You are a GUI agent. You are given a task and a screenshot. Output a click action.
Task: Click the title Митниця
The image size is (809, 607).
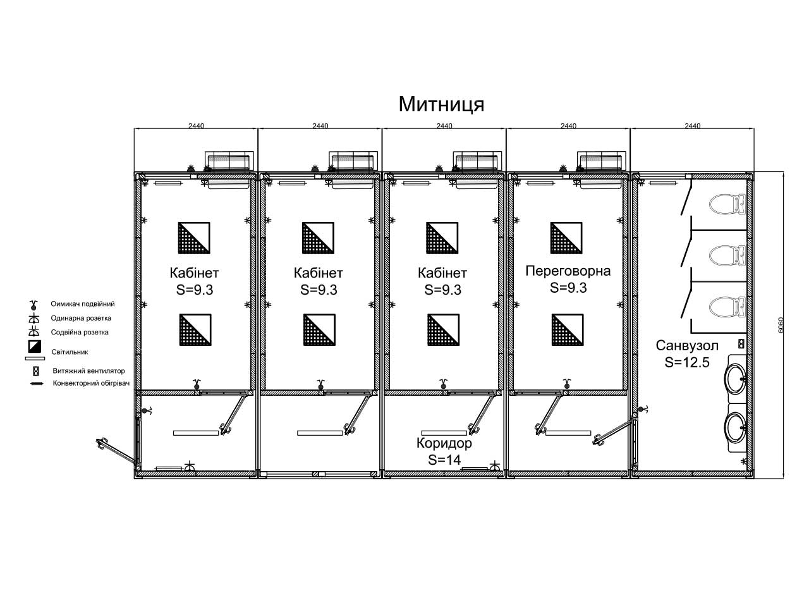[441, 105]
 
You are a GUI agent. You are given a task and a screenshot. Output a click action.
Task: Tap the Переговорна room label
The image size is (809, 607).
[568, 271]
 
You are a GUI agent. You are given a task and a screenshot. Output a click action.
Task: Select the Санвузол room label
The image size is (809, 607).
[687, 346]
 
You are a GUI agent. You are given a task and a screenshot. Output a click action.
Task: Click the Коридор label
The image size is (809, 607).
[444, 443]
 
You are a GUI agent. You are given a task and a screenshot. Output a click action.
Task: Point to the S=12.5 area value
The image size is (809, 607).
[687, 363]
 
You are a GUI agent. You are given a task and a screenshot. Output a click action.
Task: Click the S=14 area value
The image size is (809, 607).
[444, 460]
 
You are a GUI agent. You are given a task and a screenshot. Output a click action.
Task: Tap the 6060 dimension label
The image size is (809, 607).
[781, 325]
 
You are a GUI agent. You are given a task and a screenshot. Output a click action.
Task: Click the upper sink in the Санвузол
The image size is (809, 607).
[735, 379]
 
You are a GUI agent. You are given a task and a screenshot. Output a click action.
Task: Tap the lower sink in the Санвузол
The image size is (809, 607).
[735, 427]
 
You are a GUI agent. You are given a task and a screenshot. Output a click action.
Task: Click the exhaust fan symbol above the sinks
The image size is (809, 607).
[741, 344]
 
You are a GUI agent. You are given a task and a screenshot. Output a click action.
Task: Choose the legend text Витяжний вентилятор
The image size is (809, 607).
[88, 371]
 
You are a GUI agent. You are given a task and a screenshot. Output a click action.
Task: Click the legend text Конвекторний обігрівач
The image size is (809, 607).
[91, 383]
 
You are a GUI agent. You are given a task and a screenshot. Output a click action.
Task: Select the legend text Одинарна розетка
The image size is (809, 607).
[81, 318]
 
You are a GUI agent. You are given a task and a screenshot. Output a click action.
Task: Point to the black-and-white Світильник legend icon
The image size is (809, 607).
[35, 346]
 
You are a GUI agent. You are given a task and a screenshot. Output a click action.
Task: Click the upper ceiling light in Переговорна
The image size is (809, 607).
[566, 238]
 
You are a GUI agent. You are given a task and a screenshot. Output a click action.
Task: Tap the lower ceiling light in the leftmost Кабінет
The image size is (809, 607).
[195, 330]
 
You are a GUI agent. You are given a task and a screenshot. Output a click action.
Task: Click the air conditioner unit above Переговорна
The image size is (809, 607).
[602, 161]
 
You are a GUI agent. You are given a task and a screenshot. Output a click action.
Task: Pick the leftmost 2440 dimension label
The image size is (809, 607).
[196, 126]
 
